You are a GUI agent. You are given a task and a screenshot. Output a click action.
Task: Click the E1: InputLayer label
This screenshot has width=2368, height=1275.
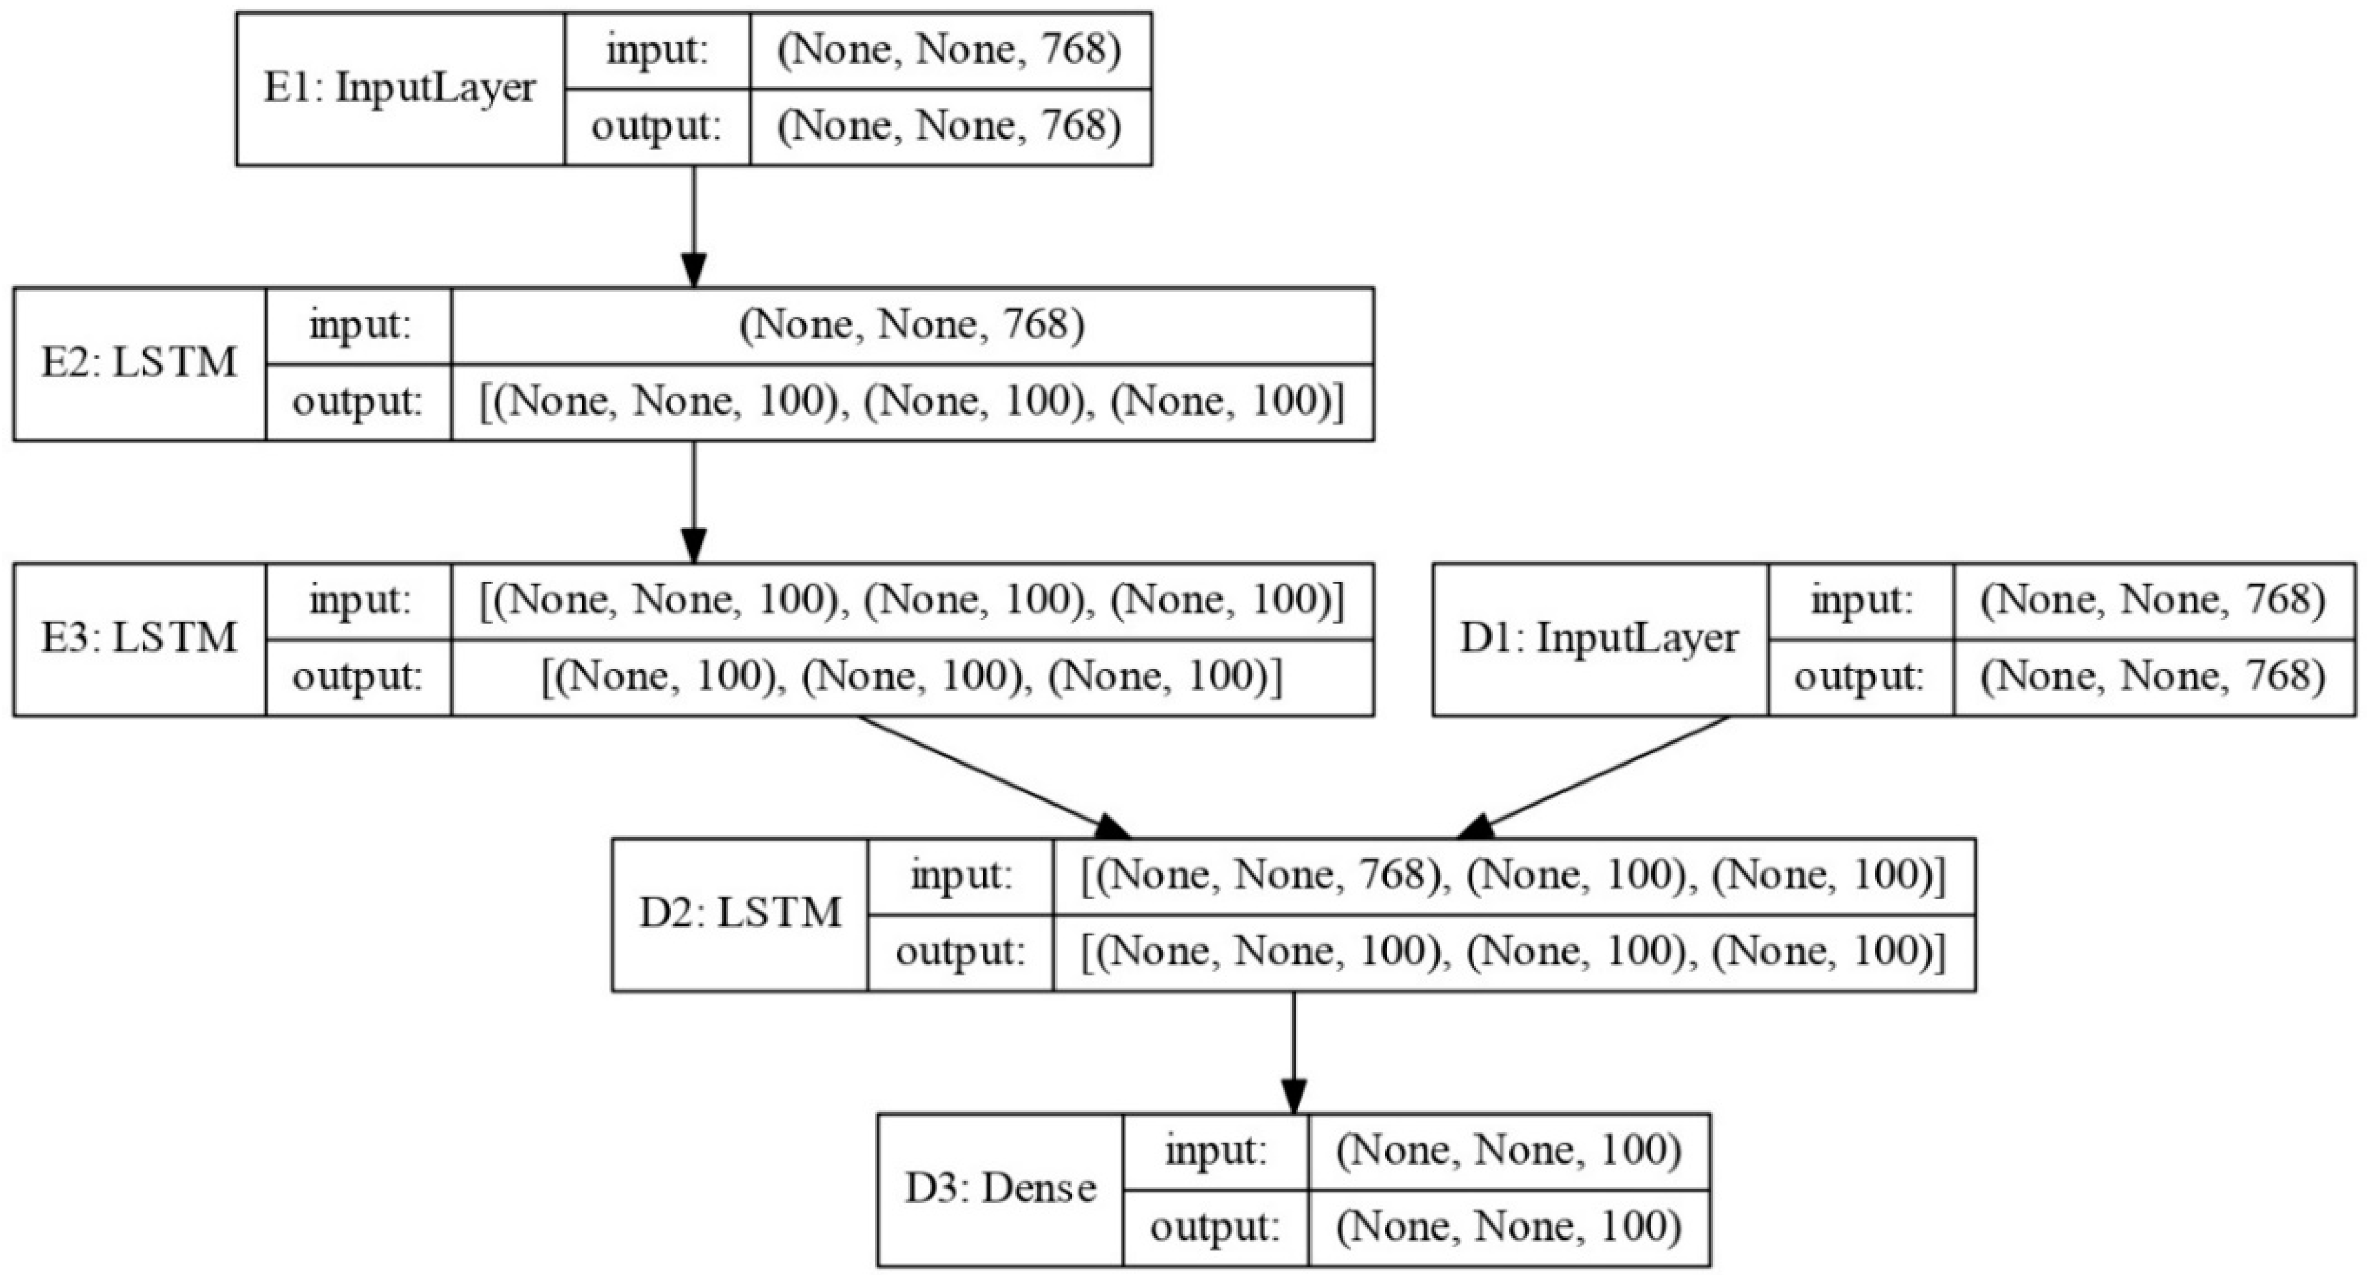coord(399,89)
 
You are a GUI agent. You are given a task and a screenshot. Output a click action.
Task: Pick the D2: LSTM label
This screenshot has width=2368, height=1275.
coord(740,914)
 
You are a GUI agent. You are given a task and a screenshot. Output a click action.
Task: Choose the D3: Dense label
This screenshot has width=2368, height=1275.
coord(1000,1189)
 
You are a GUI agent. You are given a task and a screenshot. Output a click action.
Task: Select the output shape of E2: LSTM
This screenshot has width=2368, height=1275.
coord(912,402)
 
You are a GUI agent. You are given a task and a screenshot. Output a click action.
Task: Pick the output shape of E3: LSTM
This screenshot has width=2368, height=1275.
coord(912,677)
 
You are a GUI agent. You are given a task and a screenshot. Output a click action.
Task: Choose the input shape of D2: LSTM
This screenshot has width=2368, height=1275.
coord(1513,876)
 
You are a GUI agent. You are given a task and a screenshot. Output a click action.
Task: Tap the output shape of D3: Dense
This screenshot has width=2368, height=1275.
coord(1509,1227)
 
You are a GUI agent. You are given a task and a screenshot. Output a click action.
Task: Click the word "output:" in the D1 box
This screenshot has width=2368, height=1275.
coord(1859,677)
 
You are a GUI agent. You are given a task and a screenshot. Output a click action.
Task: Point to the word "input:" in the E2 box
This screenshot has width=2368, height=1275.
coord(359,325)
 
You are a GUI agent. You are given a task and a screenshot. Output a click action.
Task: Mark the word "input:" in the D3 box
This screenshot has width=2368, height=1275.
coord(1215,1151)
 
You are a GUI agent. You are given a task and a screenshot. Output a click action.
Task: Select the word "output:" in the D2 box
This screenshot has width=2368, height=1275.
coord(960,952)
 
